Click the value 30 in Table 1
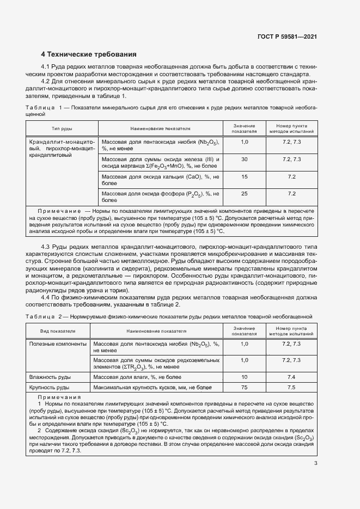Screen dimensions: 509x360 (x=244, y=159)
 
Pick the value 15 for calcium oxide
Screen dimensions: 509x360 (x=244, y=177)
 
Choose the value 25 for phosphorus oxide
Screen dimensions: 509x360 (x=244, y=193)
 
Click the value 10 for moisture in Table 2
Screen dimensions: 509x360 (x=244, y=377)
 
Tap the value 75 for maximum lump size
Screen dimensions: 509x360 (x=244, y=387)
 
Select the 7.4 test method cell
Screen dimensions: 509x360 (x=291, y=377)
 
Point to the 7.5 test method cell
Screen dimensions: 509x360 (x=291, y=387)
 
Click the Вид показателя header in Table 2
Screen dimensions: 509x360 (x=57, y=330)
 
